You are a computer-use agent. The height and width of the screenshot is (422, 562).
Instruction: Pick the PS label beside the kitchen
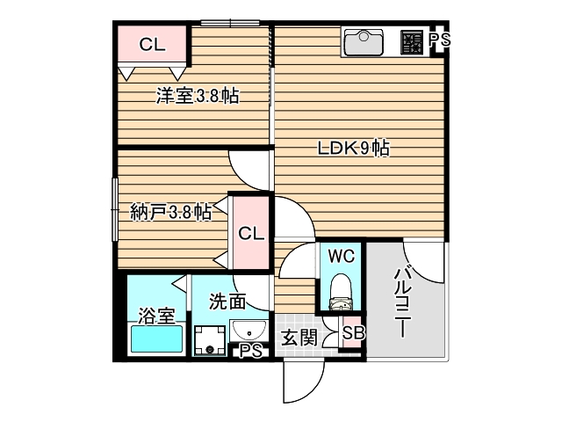[440, 40]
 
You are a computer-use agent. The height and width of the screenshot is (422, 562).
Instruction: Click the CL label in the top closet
[152, 44]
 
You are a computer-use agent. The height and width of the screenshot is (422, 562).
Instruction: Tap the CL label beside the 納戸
[250, 234]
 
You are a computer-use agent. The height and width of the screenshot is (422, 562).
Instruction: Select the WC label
[341, 257]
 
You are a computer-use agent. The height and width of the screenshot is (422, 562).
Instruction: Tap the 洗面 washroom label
[227, 302]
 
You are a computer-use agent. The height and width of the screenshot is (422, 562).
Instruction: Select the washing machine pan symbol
[210, 340]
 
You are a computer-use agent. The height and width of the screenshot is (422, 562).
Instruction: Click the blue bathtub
[155, 340]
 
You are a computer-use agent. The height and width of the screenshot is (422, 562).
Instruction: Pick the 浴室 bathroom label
[156, 316]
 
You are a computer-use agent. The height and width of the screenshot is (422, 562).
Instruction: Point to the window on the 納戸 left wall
[115, 208]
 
